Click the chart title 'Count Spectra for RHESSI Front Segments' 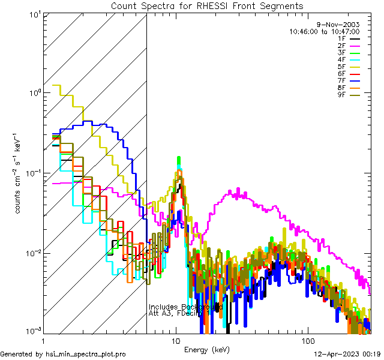[207, 5]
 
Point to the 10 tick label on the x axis [175, 341]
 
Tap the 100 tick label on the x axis [307, 341]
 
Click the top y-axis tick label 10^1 [33, 14]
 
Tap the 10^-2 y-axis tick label [31, 253]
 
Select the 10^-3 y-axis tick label [31, 331]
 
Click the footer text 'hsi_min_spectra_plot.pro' [86, 355]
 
